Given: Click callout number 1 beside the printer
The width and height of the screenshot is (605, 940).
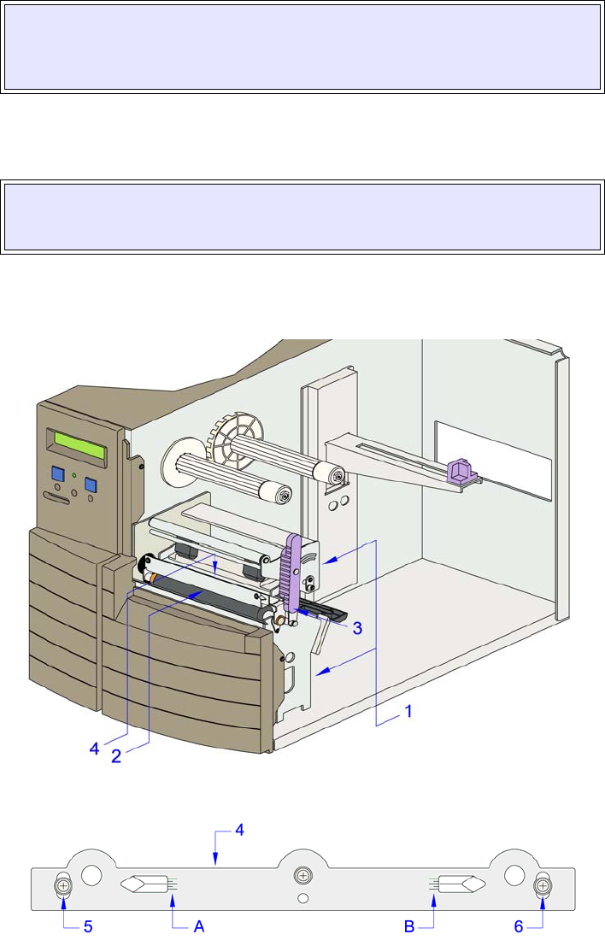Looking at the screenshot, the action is coord(409,711).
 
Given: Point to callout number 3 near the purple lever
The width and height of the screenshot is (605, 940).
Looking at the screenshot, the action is coord(357,628).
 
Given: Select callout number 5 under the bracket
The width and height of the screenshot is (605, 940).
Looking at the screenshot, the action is coord(88,927).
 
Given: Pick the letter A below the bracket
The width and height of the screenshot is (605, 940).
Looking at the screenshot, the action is coord(200,927).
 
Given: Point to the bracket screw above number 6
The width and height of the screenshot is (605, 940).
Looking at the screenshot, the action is coord(543,887).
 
